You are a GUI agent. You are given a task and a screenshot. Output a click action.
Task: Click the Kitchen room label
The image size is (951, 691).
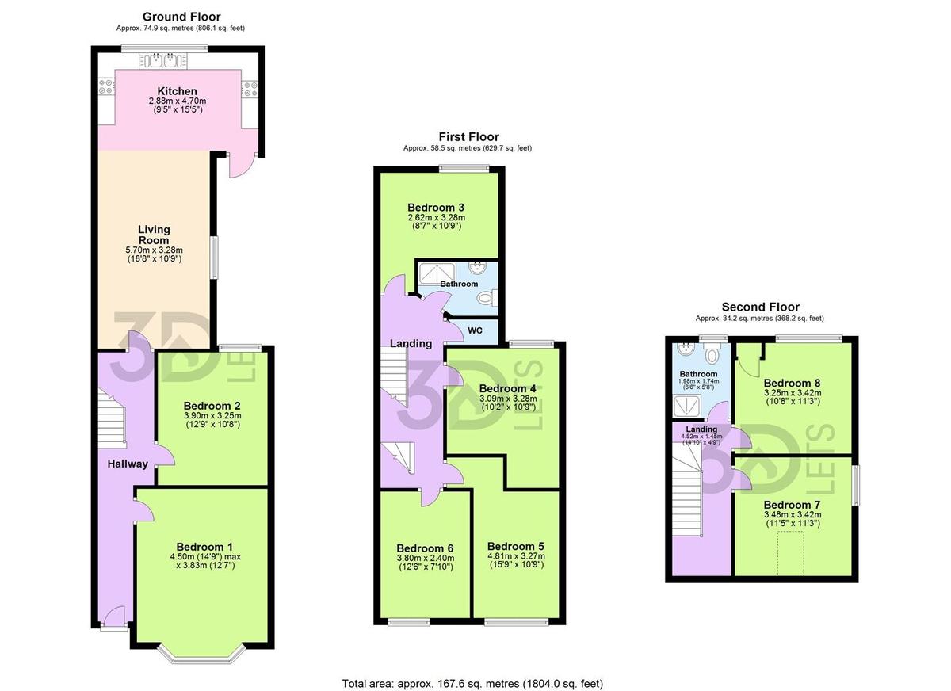click(x=177, y=91)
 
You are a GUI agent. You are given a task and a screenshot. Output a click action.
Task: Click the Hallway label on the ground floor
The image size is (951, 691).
click(x=128, y=464)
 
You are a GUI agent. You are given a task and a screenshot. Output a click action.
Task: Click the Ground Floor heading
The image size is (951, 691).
click(x=181, y=17)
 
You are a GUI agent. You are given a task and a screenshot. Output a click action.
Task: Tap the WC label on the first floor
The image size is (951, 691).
click(x=475, y=329)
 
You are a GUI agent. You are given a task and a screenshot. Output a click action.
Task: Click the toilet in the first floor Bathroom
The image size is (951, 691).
click(x=486, y=297)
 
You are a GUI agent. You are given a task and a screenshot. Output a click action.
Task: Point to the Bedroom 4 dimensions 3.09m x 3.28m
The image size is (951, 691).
click(x=507, y=399)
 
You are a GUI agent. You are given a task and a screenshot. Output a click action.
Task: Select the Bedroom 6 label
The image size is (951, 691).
click(x=425, y=548)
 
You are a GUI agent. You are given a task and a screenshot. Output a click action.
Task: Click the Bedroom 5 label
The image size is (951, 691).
click(x=515, y=546)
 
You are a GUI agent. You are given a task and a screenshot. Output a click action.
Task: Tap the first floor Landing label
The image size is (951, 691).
click(x=411, y=343)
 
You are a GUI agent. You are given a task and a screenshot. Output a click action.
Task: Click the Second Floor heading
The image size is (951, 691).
click(x=760, y=307)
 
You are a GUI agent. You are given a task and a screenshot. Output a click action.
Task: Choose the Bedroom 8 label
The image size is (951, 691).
click(x=792, y=383)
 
